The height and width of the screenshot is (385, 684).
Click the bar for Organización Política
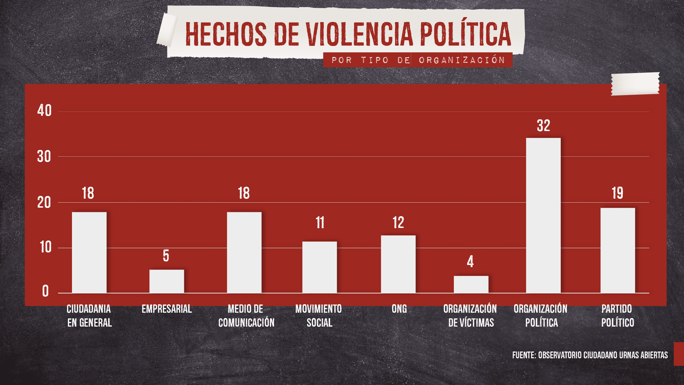point(543,215)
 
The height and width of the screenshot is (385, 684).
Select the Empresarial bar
point(167,281)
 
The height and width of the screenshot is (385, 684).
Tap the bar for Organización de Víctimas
point(471,285)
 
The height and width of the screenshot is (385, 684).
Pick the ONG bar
point(398,264)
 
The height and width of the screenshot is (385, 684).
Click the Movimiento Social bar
point(320,267)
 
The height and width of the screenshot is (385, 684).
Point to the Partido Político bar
point(618,250)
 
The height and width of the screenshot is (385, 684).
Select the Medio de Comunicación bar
point(244,253)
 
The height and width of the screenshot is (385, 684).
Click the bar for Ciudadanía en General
point(89,253)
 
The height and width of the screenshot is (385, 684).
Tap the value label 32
point(543,126)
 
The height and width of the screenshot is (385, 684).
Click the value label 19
point(617,193)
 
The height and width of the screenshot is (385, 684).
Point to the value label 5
point(166,256)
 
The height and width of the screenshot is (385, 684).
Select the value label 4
point(470,262)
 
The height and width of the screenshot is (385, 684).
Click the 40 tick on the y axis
point(45,111)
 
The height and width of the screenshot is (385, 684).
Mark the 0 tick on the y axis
point(45,291)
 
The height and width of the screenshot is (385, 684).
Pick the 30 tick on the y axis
point(44,157)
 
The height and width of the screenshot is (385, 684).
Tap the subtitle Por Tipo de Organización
point(418,60)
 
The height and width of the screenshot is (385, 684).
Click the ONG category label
point(399,309)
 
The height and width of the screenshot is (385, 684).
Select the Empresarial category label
point(167,309)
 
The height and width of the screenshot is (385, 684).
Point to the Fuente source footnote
point(590,355)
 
